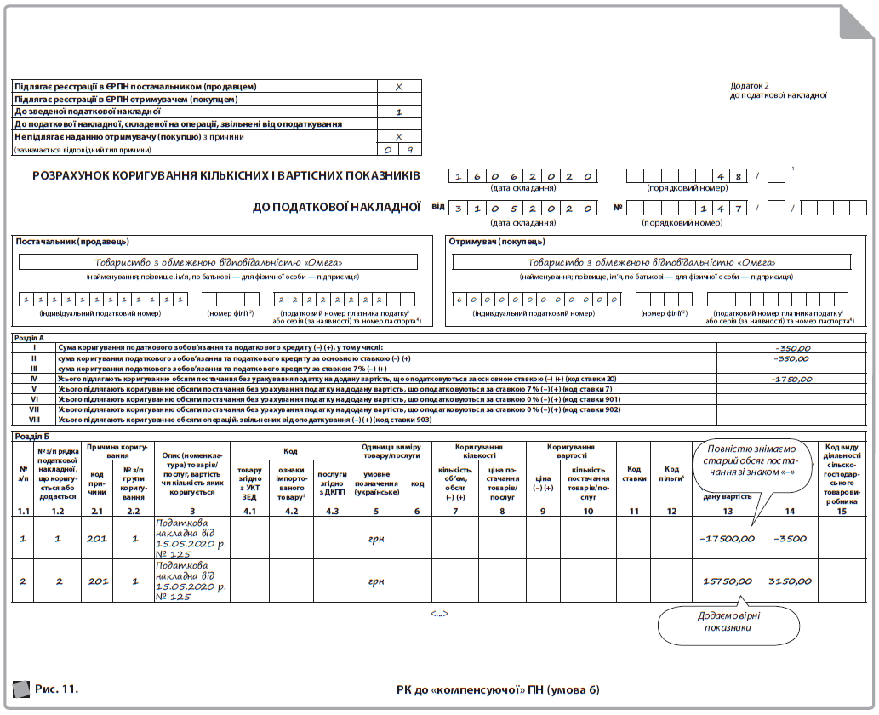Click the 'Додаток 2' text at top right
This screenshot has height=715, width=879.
click(x=750, y=85)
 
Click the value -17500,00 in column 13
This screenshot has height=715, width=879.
click(x=726, y=538)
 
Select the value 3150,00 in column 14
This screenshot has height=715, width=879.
click(x=791, y=581)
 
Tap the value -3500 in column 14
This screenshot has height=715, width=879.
click(x=791, y=538)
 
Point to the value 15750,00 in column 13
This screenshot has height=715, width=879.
click(x=728, y=581)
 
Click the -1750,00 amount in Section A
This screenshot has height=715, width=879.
click(x=792, y=379)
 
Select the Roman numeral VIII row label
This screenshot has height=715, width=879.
click(x=34, y=420)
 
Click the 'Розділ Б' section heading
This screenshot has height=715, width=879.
click(x=33, y=436)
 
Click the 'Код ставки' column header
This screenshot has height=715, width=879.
click(x=633, y=473)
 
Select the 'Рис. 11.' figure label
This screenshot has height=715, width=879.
click(x=57, y=688)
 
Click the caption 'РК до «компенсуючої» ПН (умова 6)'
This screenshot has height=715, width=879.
click(x=497, y=689)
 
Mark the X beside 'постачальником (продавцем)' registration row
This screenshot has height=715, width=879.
click(x=399, y=87)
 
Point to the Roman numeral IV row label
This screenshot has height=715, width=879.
click(x=34, y=379)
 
